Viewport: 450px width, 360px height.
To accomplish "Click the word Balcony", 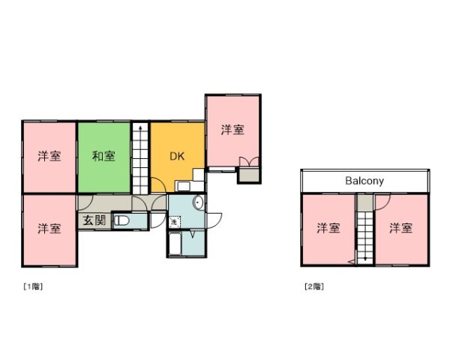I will pyautogui.click(x=364, y=181).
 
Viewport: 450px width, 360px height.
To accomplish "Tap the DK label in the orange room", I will pyautogui.click(x=176, y=157).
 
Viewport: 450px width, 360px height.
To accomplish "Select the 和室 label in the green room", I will pyautogui.click(x=103, y=156).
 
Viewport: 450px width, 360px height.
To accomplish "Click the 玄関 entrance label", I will pyautogui.click(x=94, y=220).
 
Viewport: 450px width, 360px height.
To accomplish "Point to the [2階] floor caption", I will pyautogui.click(x=313, y=286).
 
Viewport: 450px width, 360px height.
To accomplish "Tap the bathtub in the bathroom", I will pyautogui.click(x=175, y=244).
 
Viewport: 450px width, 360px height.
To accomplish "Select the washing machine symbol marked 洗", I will pyautogui.click(x=174, y=222).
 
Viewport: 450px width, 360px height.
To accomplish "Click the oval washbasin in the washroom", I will pyautogui.click(x=197, y=202).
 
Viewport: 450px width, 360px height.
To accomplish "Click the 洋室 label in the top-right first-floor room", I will pyautogui.click(x=232, y=130).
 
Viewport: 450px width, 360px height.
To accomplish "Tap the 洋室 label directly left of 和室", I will pyautogui.click(x=49, y=156).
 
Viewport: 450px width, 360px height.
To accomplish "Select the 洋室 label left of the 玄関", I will pyautogui.click(x=49, y=228).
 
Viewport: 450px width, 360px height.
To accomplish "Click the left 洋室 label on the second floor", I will pyautogui.click(x=327, y=228).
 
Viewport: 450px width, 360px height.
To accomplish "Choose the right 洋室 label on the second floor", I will pyautogui.click(x=400, y=228).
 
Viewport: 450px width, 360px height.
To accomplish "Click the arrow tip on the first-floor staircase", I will pyautogui.click(x=140, y=130).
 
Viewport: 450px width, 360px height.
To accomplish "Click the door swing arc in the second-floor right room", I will pyautogui.click(x=382, y=201).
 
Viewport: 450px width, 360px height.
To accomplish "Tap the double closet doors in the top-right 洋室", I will pyautogui.click(x=247, y=161).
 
